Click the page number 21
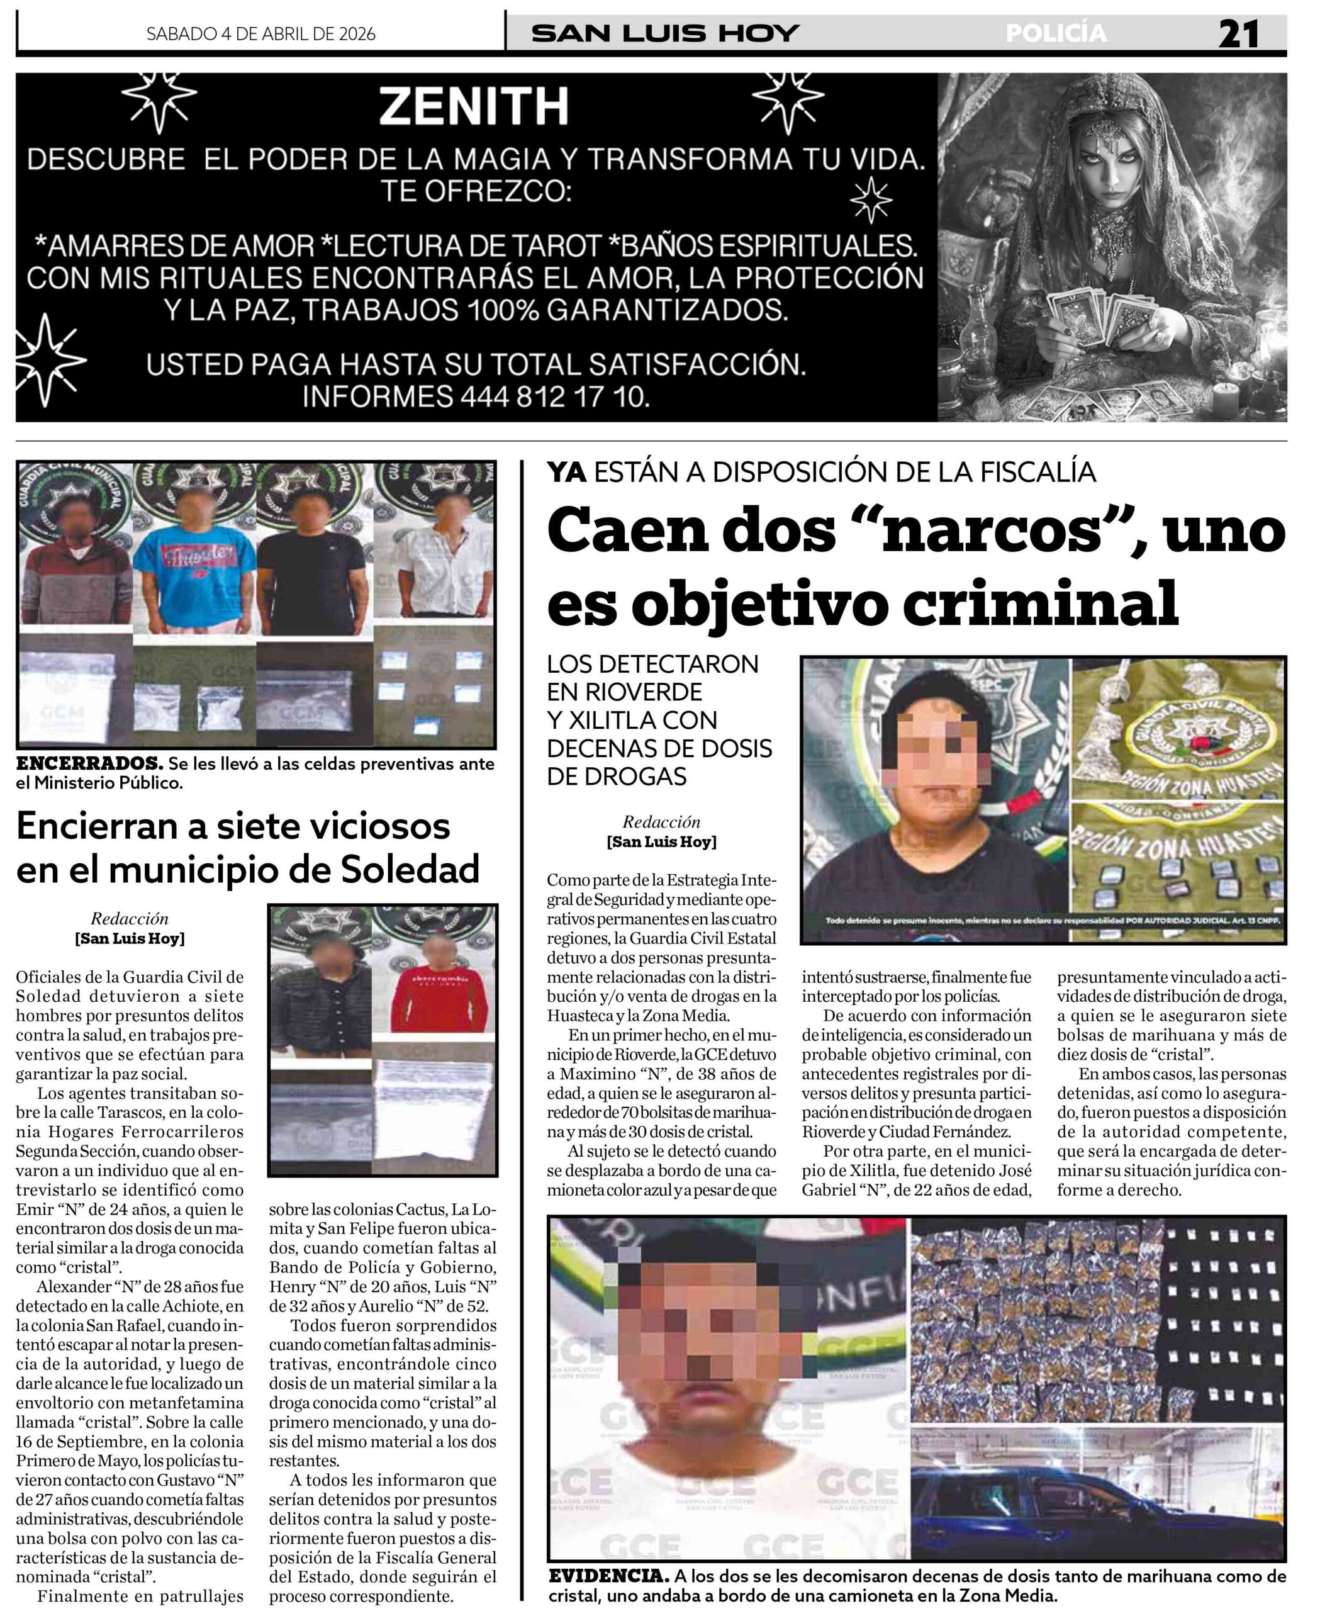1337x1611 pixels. click(x=1238, y=35)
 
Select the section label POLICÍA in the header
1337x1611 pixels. click(x=1056, y=34)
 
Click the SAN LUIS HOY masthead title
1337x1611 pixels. click(x=665, y=34)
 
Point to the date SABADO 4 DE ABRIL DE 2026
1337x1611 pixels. click(x=261, y=34)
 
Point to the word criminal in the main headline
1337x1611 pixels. click(x=1039, y=602)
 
